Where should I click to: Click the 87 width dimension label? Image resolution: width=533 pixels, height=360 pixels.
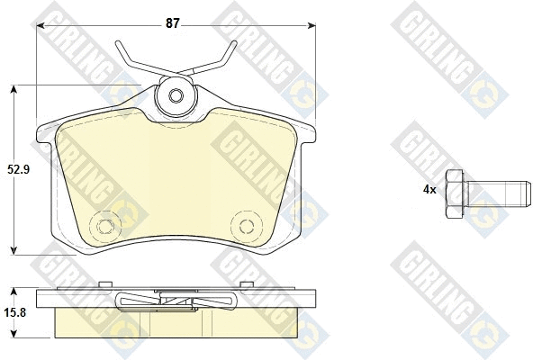[172, 23]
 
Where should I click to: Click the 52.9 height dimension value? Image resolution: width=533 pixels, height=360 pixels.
[19, 169]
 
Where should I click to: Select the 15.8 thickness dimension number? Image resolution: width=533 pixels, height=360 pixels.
[15, 312]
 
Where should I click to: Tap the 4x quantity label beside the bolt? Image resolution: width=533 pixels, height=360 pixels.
[429, 190]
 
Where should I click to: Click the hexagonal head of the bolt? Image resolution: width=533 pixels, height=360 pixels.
[455, 193]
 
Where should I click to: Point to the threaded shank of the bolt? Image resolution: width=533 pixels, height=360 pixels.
[497, 193]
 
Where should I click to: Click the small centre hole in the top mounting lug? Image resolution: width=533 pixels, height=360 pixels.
[176, 95]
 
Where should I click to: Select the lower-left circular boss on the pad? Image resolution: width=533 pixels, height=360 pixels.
[105, 226]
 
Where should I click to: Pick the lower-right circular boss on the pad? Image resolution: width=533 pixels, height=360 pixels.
[247, 226]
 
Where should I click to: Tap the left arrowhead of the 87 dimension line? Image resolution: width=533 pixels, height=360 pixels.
[41, 25]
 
